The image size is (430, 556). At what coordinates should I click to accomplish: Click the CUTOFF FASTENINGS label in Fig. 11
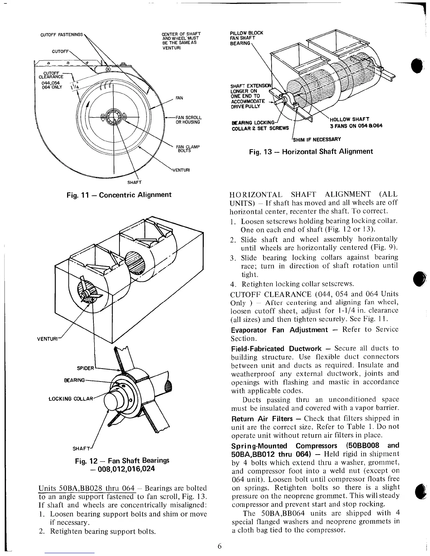pyautogui.click(x=61, y=35)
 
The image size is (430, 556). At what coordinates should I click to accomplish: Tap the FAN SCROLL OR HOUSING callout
pyautogui.click(x=188, y=120)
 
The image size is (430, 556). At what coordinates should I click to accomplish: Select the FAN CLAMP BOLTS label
pyautogui.click(x=188, y=148)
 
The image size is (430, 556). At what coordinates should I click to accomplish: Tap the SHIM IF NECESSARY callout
pyautogui.click(x=317, y=139)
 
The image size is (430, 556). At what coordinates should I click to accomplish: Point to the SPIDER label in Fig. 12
pyautogui.click(x=85, y=368)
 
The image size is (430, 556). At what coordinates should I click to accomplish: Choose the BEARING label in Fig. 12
pyautogui.click(x=74, y=380)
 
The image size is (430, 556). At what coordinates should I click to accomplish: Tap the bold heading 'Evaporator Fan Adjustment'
pyautogui.click(x=279, y=330)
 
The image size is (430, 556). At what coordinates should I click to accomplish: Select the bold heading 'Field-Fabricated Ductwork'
pyautogui.click(x=276, y=349)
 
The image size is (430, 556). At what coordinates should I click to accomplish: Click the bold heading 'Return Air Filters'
pyautogui.click(x=262, y=419)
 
